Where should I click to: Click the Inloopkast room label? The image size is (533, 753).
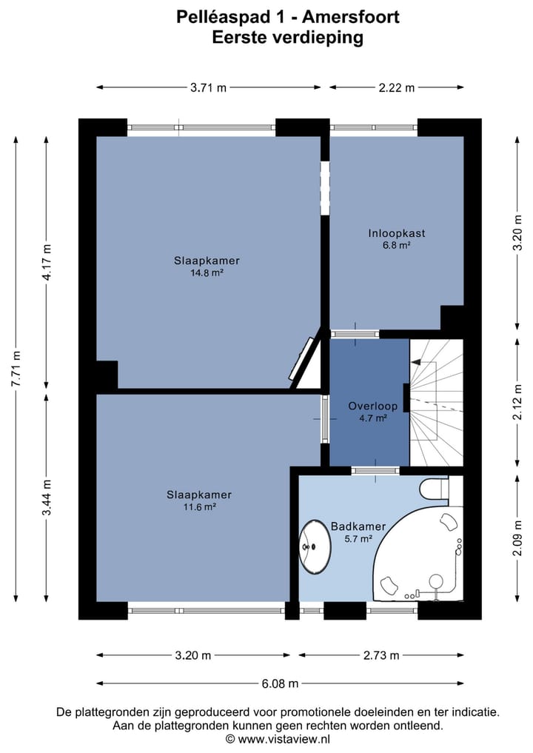click(x=396, y=233)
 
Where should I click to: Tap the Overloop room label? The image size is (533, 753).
click(x=373, y=406)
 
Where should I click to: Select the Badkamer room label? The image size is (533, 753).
click(x=358, y=526)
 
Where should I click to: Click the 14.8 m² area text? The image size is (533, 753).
click(x=207, y=272)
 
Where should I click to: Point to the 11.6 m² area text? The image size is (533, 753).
click(x=198, y=507)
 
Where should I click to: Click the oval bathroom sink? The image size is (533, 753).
click(x=315, y=546)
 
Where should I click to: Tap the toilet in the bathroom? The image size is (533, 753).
click(x=432, y=488)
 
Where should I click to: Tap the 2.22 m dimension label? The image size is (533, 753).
click(x=397, y=87)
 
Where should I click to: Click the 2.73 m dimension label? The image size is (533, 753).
click(x=381, y=655)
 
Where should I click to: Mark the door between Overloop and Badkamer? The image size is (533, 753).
click(x=375, y=470)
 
